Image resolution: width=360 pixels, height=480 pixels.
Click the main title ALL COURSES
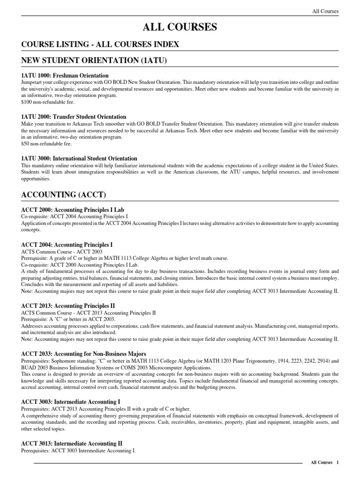(x=180, y=28)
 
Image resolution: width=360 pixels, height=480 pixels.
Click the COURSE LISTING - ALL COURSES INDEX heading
(x=100, y=44)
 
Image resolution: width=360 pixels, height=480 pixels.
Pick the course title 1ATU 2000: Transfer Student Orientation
(x=74, y=117)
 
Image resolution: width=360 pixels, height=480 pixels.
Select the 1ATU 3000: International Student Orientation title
(x=79, y=158)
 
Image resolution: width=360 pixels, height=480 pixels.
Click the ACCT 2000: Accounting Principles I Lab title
(x=73, y=210)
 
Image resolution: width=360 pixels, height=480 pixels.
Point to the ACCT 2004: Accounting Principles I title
(x=67, y=245)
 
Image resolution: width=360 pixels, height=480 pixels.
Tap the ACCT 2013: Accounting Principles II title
(x=68, y=306)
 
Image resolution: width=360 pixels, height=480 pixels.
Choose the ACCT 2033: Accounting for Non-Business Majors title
(x=84, y=353)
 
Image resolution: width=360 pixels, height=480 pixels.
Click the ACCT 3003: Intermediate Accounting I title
(x=71, y=402)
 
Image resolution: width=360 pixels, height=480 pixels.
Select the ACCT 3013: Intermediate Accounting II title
(x=72, y=443)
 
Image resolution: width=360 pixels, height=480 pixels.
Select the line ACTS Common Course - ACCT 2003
(x=58, y=251)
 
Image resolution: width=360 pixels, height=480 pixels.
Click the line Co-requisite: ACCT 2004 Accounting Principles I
(x=75, y=217)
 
